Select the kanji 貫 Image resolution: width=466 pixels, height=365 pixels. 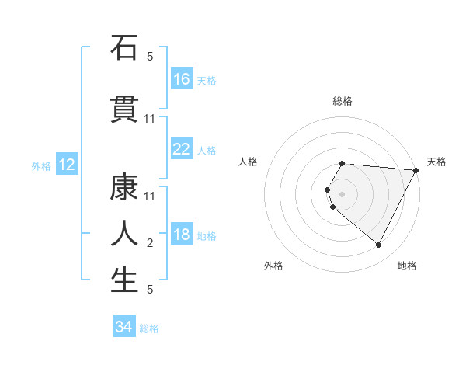tap(124, 109)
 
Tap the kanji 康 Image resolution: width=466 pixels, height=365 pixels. tap(124, 186)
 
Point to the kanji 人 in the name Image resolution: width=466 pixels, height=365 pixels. tap(124, 233)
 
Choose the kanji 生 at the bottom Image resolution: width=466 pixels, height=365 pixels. tap(124, 280)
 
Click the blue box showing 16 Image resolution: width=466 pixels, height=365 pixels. tap(182, 79)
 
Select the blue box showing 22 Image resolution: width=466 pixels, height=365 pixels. tap(182, 149)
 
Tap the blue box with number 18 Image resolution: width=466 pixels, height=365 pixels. tap(182, 235)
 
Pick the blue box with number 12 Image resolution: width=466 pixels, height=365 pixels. tap(66, 165)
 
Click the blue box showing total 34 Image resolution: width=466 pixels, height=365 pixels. tap(124, 328)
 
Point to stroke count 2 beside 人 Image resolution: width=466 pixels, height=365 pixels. tap(150, 243)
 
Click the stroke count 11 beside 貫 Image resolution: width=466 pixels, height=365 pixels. tap(150, 119)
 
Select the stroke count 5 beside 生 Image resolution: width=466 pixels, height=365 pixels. tap(150, 290)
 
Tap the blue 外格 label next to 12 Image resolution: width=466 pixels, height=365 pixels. tap(41, 165)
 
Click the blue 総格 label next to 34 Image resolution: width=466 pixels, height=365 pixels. tap(149, 328)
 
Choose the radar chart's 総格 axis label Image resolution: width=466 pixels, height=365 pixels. tap(342, 101)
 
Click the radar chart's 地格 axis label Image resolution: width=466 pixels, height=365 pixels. tap(407, 266)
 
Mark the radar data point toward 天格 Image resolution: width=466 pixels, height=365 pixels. tap(416, 170)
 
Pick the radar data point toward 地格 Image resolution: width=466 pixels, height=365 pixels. tap(378, 245)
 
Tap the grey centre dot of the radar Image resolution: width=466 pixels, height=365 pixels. tap(342, 193)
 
